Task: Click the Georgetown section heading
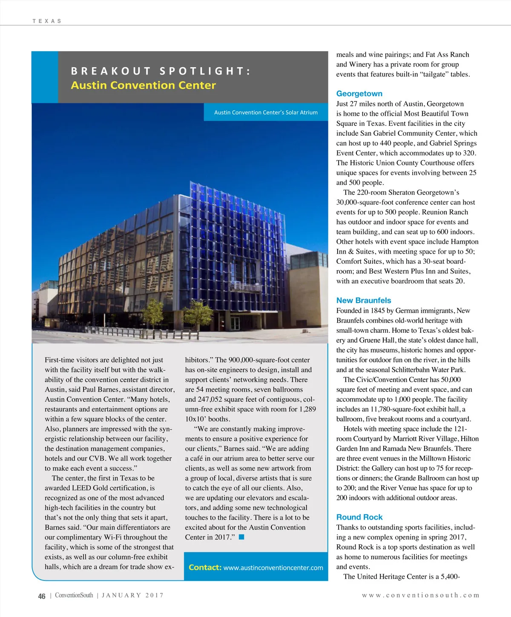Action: click(x=359, y=94)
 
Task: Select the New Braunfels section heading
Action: click(x=363, y=300)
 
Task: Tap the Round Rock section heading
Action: click(x=359, y=517)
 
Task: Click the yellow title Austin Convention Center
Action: click(x=143, y=85)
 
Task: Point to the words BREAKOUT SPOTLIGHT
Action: click(x=160, y=71)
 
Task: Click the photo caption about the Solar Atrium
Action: click(x=266, y=112)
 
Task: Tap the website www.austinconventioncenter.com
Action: click(x=273, y=568)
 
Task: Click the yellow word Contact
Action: click(x=204, y=567)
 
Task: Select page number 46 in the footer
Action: click(x=42, y=596)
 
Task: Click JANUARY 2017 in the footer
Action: click(x=132, y=595)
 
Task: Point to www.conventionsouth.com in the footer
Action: click(x=420, y=595)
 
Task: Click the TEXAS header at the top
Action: click(x=47, y=21)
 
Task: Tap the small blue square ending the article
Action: click(x=241, y=537)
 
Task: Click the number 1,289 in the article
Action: click(x=307, y=409)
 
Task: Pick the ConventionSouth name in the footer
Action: click(x=74, y=595)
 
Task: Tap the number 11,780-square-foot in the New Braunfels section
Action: click(x=396, y=409)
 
